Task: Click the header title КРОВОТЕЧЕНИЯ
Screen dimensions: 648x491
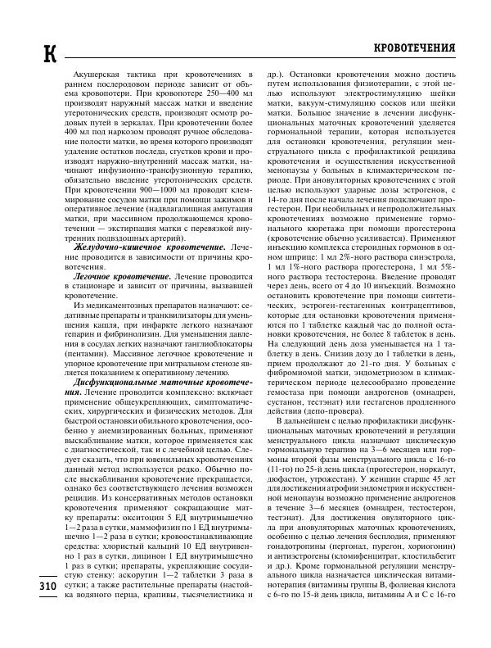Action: (414, 48)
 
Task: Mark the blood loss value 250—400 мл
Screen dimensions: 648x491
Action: (218, 97)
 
